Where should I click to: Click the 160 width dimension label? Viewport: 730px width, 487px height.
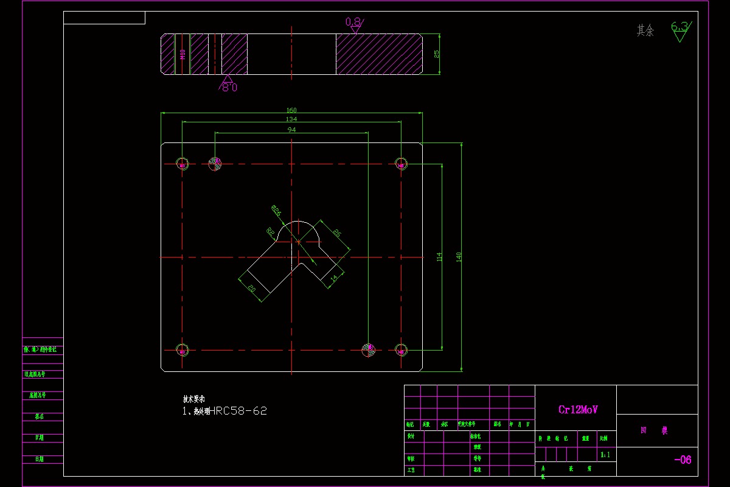coord(292,110)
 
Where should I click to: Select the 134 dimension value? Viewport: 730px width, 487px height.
coord(292,119)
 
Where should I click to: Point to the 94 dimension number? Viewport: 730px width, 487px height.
coord(292,130)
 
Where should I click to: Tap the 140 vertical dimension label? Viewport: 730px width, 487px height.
coord(459,257)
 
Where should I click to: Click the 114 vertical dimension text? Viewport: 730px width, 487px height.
coord(439,257)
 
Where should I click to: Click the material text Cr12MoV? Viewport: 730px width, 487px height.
coord(578,410)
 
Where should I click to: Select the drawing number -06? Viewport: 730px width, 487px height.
coord(683,460)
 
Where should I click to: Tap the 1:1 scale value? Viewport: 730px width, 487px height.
coord(605,455)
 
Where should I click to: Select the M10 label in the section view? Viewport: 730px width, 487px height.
coord(182,55)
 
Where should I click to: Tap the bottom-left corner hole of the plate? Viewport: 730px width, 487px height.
coord(182,349)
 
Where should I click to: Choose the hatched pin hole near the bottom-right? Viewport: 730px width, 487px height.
coord(368,349)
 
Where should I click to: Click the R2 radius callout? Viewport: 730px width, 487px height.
coord(269,231)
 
